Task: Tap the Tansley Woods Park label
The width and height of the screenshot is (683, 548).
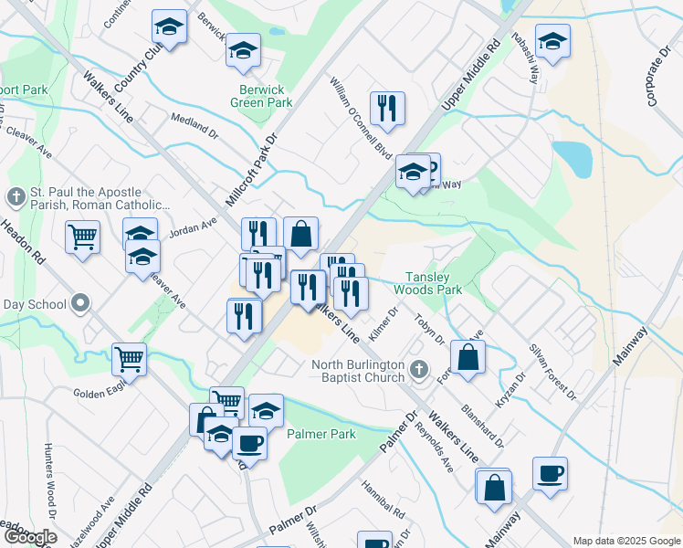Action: pyautogui.click(x=428, y=282)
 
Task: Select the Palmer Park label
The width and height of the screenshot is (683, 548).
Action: pyautogui.click(x=321, y=434)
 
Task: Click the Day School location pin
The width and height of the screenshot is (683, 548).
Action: pyautogui.click(x=81, y=304)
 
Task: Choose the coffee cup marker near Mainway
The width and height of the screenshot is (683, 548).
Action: pyautogui.click(x=550, y=474)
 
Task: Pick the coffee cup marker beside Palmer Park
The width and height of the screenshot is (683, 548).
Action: pyautogui.click(x=248, y=444)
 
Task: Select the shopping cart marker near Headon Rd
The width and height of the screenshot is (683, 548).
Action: pyautogui.click(x=83, y=237)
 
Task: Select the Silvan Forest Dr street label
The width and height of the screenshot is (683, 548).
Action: pyautogui.click(x=553, y=372)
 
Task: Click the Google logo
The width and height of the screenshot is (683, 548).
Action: pyautogui.click(x=29, y=537)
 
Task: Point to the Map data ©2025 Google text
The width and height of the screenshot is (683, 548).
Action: pyautogui.click(x=625, y=541)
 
